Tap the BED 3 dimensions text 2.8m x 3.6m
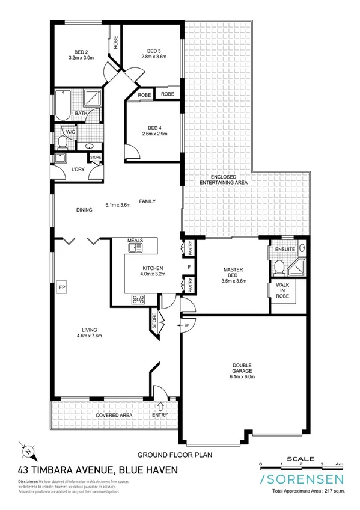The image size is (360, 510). click(154, 58)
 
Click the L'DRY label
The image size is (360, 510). click(77, 170)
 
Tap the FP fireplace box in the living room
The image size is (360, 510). click(61, 287)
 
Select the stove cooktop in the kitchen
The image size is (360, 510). click(138, 298)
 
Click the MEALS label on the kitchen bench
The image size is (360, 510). click(135, 241)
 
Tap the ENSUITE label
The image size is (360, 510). click(285, 249)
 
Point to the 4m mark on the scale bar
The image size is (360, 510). click(340, 464)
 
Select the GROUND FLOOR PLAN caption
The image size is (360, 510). click(175, 455)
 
